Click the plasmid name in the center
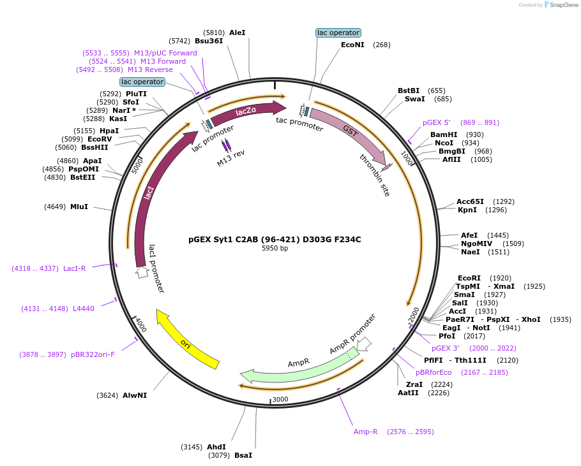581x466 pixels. pos(275,240)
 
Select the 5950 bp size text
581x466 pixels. pos(275,249)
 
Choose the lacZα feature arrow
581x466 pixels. pos(246,112)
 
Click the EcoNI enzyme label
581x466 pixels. pos(352,45)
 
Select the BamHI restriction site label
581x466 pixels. pos(444,135)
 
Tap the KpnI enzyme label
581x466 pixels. pos(467,210)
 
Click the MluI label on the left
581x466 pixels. pos(79,207)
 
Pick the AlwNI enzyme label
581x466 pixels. pos(135,395)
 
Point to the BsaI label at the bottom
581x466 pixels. pos(243,455)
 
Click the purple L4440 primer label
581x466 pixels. pos(84,309)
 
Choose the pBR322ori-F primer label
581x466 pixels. pos(93,354)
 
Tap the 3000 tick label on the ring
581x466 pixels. pos(280,400)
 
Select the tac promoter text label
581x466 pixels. pos(299,124)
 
